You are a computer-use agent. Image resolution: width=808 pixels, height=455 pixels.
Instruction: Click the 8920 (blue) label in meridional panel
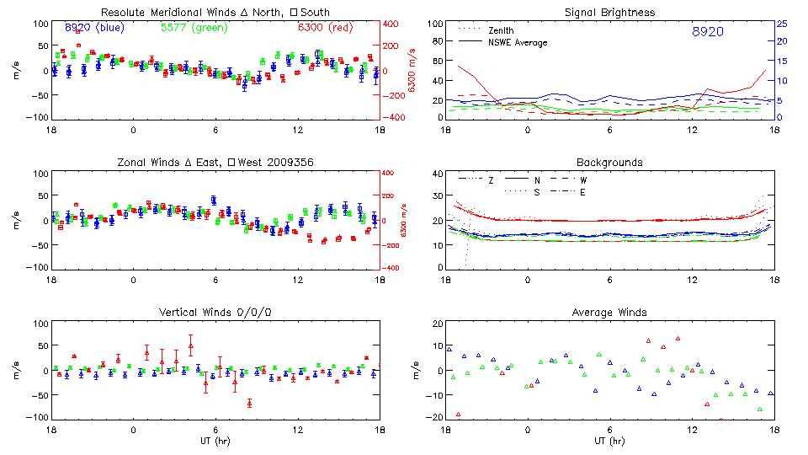pos(93,28)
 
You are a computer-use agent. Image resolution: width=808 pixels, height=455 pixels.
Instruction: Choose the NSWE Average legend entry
pos(518,41)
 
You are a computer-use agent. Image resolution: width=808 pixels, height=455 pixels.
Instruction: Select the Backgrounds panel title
pos(610,162)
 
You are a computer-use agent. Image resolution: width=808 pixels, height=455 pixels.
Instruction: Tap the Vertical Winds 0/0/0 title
pos(215,312)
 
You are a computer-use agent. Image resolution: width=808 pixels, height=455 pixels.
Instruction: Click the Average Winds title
pos(610,312)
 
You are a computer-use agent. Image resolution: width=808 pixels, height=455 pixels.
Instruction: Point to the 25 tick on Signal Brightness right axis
pos(781,24)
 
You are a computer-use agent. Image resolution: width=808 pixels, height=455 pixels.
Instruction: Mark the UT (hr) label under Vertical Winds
pos(215,440)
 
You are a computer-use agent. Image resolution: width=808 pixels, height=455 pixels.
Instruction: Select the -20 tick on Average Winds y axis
pos(434,418)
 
